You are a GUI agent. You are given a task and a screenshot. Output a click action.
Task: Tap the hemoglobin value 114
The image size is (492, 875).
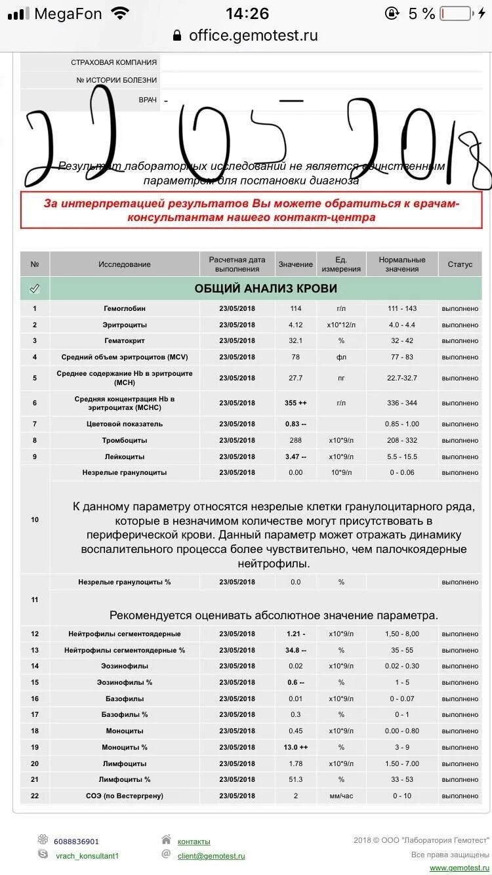(x=295, y=308)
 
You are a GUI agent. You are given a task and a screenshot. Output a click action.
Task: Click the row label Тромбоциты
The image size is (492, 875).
(x=125, y=440)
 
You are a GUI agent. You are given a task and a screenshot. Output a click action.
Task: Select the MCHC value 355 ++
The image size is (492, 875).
(x=295, y=403)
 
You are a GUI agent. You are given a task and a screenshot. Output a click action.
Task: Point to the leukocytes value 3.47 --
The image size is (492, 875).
(x=295, y=457)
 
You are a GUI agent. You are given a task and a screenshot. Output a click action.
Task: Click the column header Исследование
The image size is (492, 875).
(x=125, y=264)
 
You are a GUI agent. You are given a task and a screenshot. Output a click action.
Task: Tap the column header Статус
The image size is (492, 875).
(x=460, y=264)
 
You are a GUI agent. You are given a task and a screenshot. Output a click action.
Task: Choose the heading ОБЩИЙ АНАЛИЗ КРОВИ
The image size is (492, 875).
(x=266, y=289)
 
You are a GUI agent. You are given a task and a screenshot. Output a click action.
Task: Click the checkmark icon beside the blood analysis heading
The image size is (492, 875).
(x=35, y=289)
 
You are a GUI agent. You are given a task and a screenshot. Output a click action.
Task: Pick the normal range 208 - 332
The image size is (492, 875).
(x=402, y=440)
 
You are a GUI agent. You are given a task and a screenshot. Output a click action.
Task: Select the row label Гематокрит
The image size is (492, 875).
(x=125, y=341)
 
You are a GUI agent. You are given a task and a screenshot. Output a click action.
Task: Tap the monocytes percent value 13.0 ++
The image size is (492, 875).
(x=295, y=747)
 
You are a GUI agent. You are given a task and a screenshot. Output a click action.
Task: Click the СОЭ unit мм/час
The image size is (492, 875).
(x=341, y=796)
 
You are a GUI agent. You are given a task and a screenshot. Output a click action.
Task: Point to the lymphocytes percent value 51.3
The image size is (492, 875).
(x=295, y=779)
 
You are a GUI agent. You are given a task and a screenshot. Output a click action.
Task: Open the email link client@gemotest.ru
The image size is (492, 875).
(x=211, y=856)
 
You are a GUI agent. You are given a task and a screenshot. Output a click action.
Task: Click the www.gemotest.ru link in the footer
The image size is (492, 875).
(x=460, y=868)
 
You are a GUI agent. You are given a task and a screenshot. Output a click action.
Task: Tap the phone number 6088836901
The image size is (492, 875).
(x=77, y=842)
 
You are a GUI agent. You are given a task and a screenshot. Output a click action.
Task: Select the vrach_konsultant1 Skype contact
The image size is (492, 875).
(x=87, y=856)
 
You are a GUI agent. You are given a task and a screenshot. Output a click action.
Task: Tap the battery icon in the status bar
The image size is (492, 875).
(x=455, y=14)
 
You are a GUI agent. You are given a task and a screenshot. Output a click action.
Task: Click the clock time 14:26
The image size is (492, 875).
(x=247, y=14)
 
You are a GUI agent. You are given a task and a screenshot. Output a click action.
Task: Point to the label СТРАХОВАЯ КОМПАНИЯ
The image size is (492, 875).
(x=113, y=62)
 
